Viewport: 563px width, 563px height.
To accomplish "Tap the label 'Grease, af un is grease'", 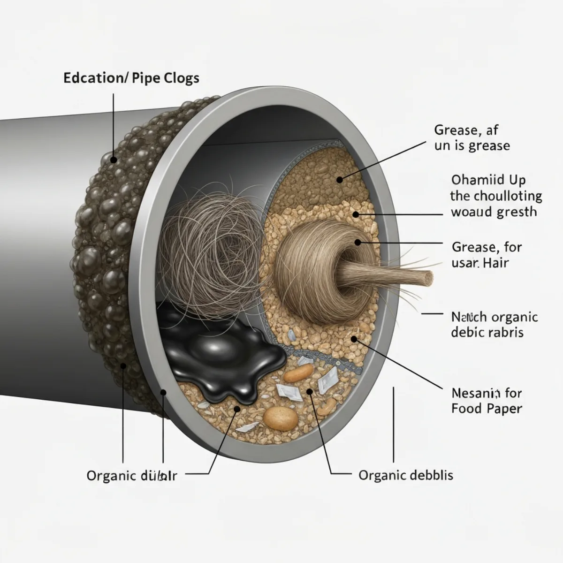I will coord(472,137).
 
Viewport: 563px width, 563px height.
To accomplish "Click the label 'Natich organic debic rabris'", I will coord(494,325).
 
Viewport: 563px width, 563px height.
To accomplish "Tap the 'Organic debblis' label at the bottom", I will coord(406,475).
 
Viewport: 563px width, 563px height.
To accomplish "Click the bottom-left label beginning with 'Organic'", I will coord(132,476).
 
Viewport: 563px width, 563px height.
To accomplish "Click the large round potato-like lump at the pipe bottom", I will coord(281,417).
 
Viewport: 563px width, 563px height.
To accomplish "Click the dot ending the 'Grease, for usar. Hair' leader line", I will coord(358,243).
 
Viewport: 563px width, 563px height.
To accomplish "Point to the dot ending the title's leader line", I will coord(114,160).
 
